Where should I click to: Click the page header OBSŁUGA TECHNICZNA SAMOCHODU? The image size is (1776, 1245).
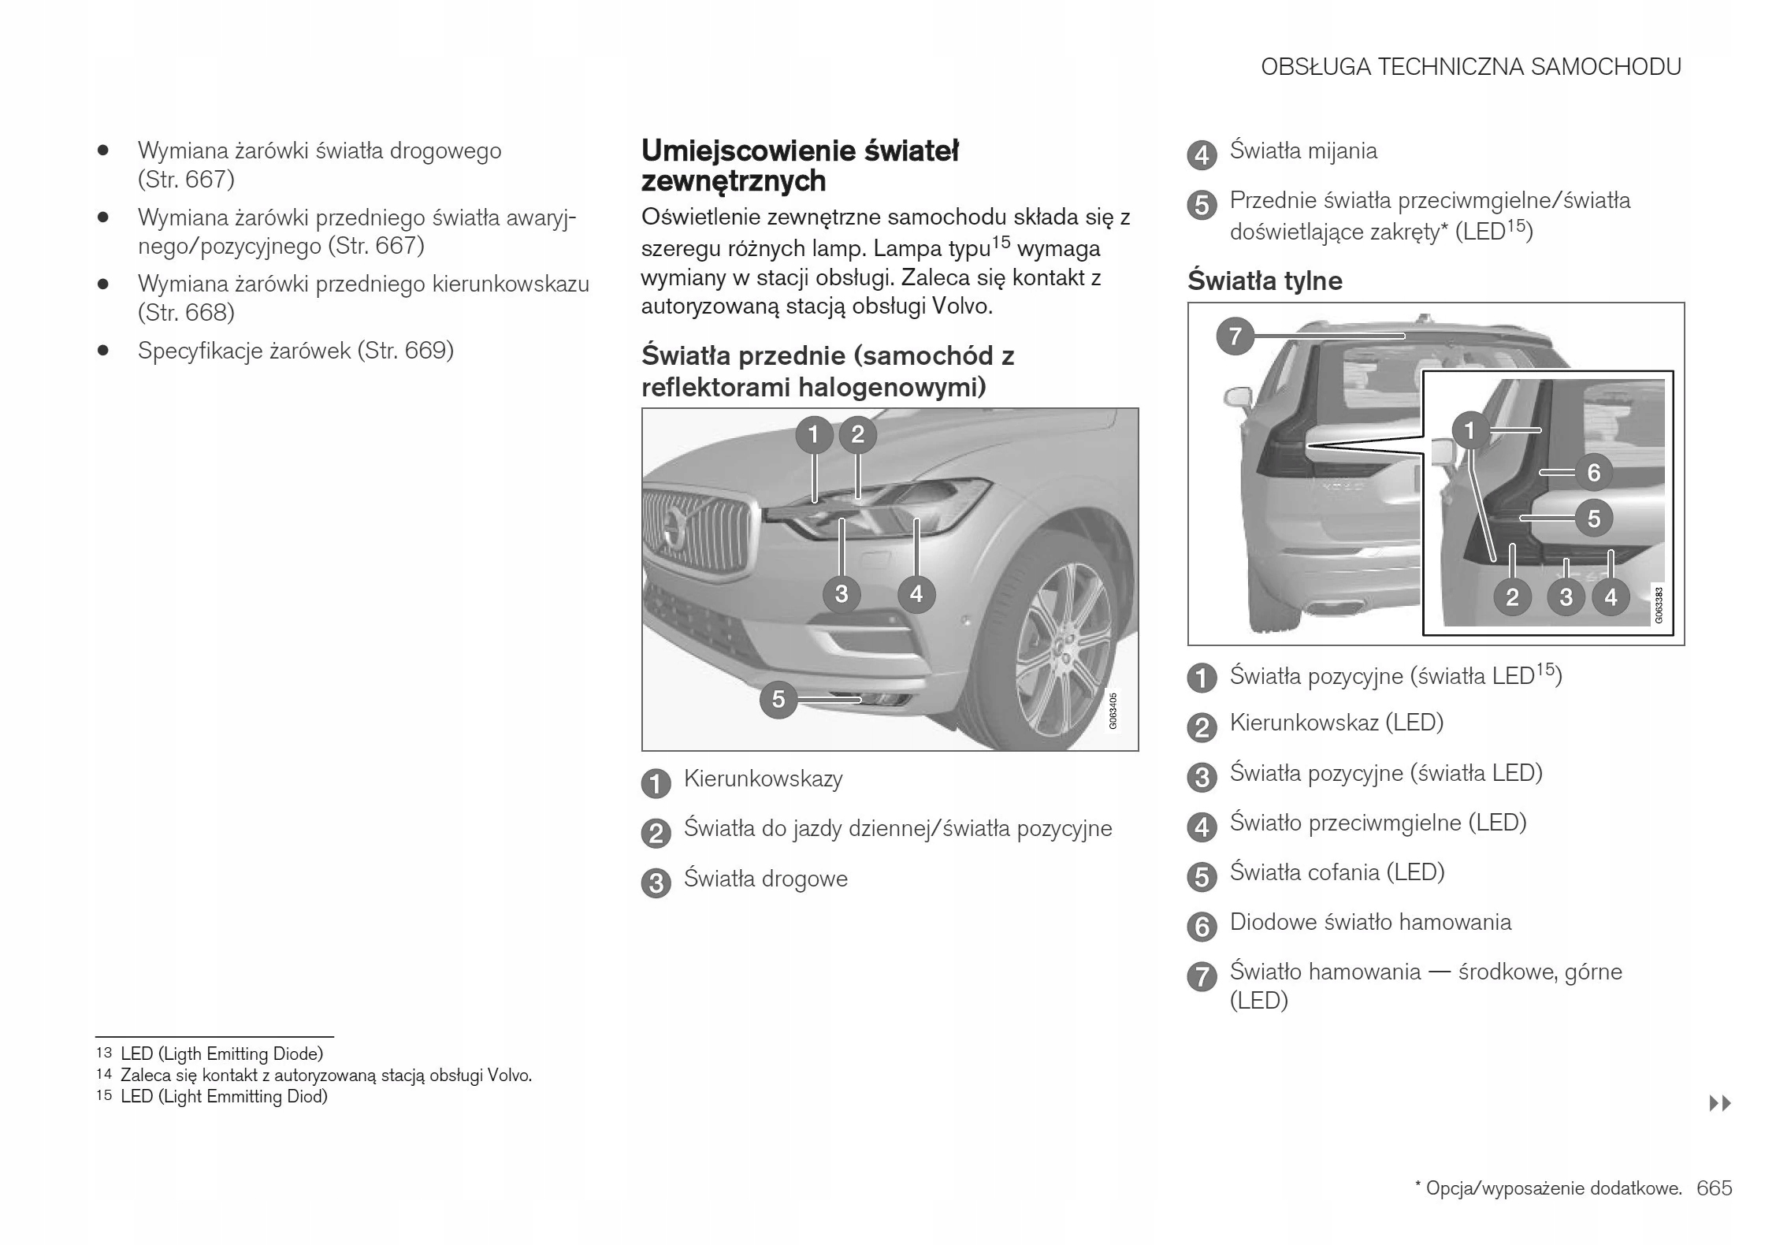(1470, 67)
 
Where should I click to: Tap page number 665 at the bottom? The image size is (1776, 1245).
(1714, 1188)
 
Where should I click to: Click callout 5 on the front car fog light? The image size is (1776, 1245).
(778, 699)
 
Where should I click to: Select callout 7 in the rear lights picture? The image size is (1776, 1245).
(1235, 336)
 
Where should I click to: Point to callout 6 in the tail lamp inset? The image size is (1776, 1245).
(1593, 473)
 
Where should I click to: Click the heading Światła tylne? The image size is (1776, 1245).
(1265, 281)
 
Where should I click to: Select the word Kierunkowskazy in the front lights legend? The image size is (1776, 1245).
(763, 779)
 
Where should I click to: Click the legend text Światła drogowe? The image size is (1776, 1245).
(765, 879)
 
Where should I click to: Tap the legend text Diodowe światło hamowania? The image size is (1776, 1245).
(1370, 923)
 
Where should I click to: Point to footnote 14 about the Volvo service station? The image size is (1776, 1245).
(325, 1076)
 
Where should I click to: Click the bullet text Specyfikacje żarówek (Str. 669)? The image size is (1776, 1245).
(295, 351)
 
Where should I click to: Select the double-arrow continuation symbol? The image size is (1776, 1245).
(1720, 1103)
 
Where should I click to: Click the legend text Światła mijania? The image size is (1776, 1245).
(1303, 151)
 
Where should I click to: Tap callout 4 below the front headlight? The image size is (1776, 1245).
(916, 593)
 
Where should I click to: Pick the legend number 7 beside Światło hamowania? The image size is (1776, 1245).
(1202, 977)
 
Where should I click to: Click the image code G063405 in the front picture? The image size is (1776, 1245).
(1113, 711)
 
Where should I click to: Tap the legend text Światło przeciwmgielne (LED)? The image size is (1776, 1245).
(1377, 823)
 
